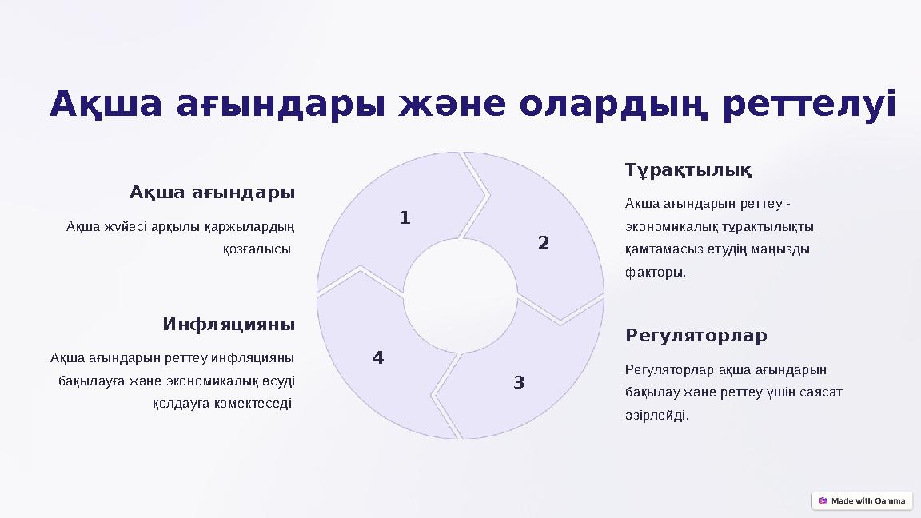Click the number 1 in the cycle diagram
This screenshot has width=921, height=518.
[x=405, y=217]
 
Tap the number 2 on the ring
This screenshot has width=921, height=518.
[x=544, y=242]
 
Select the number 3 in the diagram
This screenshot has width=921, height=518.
[x=519, y=383]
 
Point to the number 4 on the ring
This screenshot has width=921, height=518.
[x=378, y=358]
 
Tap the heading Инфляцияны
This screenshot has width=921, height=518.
[x=229, y=325]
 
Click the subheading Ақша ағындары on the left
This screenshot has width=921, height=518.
[x=212, y=193]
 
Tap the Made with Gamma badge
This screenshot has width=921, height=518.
[x=862, y=500]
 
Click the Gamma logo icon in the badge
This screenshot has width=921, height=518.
[x=823, y=500]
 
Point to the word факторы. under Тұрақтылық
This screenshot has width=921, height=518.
[x=656, y=273]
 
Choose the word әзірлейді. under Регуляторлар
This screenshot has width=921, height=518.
[x=656, y=416]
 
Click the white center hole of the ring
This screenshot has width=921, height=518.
[x=460, y=296]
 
